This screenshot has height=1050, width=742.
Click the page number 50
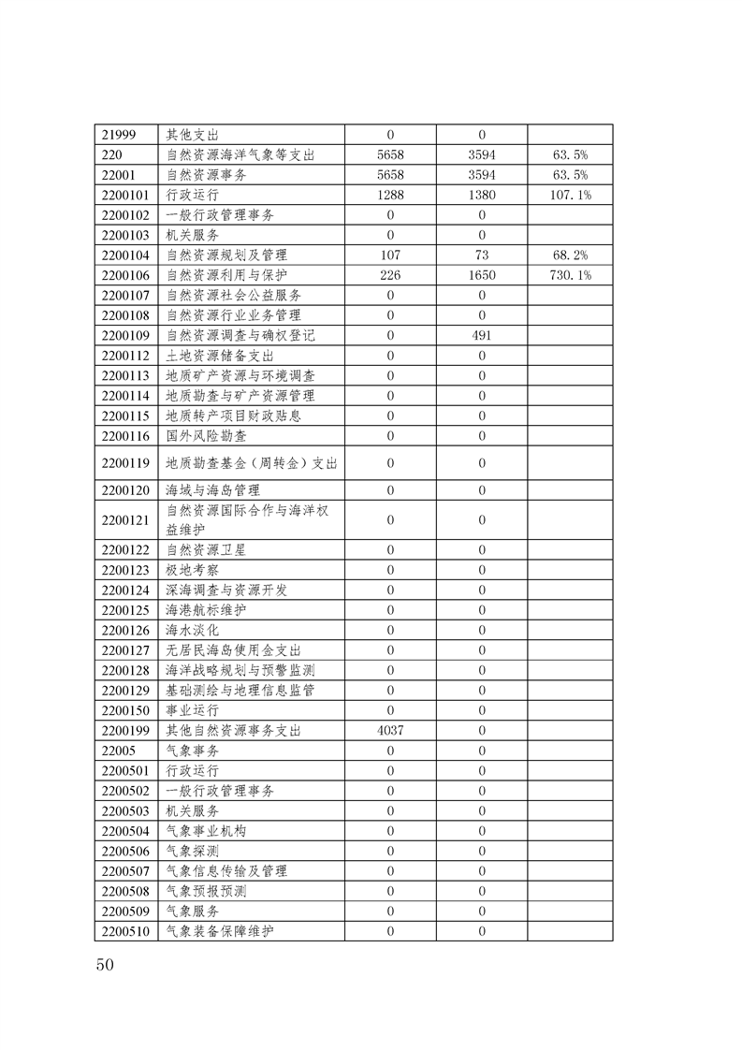pos(104,965)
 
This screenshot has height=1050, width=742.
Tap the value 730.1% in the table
pos(570,275)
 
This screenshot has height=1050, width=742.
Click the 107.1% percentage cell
pos(570,195)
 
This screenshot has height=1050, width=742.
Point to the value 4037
pos(389,730)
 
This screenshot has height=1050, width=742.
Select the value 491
pos(482,335)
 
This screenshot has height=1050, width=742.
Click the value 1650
pos(482,275)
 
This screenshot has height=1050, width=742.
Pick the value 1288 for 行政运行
pos(389,195)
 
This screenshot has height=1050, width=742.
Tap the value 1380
pos(482,195)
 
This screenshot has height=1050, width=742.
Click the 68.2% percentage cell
pos(570,255)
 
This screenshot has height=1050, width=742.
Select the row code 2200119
pos(125,462)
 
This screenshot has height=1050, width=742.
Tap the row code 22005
pos(117,751)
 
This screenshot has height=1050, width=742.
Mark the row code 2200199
pos(125,730)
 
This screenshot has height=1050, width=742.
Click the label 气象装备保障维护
pos(220,931)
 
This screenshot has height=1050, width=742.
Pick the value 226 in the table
pos(389,275)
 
